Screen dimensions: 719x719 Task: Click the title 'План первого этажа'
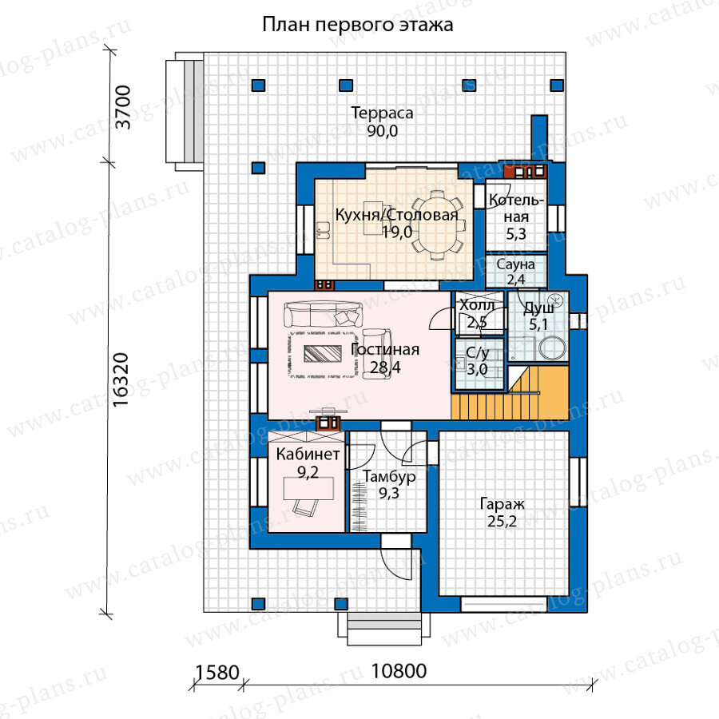click(x=358, y=25)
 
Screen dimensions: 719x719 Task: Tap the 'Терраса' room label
click(x=382, y=113)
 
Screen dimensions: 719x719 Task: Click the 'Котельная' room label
click(x=516, y=209)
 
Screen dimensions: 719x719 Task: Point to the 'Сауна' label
click(x=515, y=264)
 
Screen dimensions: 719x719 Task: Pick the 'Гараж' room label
click(x=502, y=504)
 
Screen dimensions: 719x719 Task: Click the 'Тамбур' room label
click(x=389, y=477)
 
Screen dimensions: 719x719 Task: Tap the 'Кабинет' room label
click(x=308, y=454)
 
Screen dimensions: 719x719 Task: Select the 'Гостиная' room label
click(x=385, y=350)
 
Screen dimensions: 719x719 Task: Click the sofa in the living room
click(x=320, y=314)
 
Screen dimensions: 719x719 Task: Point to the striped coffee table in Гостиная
click(x=323, y=354)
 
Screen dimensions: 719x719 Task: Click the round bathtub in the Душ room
click(x=553, y=348)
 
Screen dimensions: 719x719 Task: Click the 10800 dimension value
click(x=399, y=671)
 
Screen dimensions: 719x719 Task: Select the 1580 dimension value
click(x=217, y=673)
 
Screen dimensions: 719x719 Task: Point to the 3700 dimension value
click(x=123, y=107)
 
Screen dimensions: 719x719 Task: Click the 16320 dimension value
click(x=121, y=379)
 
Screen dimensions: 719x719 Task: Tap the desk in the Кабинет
click(x=308, y=488)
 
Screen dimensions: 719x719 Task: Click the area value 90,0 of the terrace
click(x=382, y=131)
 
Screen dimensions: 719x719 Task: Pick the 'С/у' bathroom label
click(x=478, y=353)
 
